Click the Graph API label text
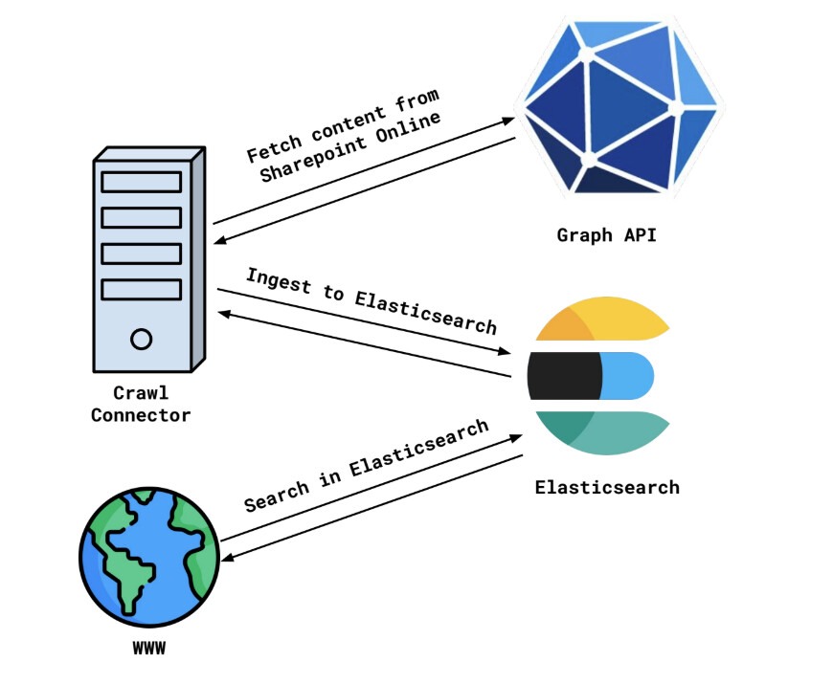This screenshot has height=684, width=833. (x=606, y=234)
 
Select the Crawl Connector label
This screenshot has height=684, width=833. (x=141, y=405)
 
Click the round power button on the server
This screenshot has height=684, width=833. (x=142, y=339)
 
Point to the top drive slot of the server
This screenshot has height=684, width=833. (x=142, y=182)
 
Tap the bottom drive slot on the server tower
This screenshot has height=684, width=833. (x=142, y=289)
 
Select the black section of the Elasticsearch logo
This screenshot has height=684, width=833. (x=564, y=376)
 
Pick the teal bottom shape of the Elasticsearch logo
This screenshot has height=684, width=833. (x=603, y=430)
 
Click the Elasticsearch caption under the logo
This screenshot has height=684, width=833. (x=607, y=487)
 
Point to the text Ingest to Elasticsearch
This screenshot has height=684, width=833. (x=371, y=300)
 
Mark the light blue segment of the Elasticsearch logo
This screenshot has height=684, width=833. (x=628, y=376)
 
